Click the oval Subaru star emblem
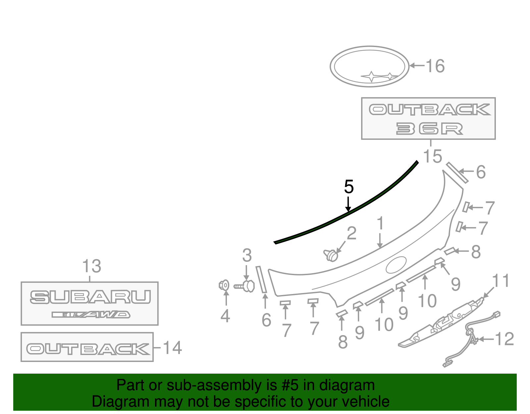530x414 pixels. coord(369,66)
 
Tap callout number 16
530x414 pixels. coord(435,66)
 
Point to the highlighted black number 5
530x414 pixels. coord(349,187)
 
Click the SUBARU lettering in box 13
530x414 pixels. coord(90,297)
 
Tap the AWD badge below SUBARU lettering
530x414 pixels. coord(91,315)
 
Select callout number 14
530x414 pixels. coord(172,348)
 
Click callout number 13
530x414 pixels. coord(92,266)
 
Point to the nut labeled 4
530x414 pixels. coord(224,285)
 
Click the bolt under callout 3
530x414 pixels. coord(244,286)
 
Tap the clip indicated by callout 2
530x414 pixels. coord(331,256)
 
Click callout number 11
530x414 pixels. coord(501,280)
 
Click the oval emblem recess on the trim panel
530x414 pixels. coord(396,265)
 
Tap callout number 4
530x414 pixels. coord(225,316)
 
